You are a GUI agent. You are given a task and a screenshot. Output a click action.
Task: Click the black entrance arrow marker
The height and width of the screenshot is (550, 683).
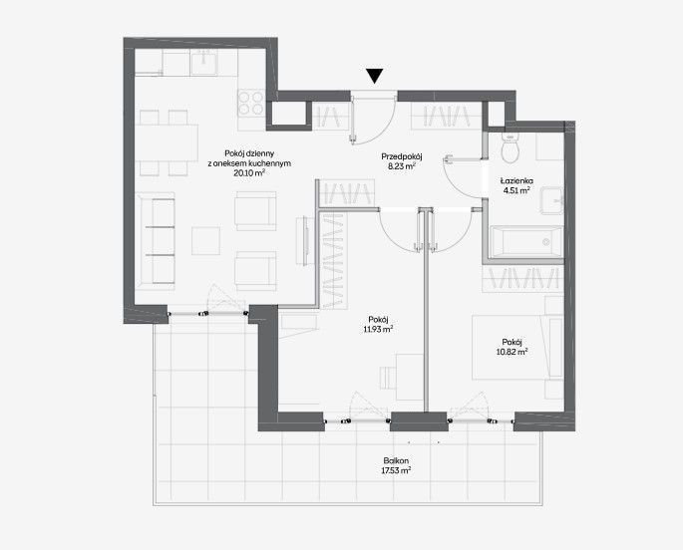(374, 76)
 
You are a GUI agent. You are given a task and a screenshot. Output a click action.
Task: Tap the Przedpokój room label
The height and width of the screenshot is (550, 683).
(402, 156)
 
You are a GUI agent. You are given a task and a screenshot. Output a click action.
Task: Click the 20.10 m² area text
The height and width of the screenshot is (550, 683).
(249, 172)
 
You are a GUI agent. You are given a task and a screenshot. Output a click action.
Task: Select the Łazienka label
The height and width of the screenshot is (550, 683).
(516, 180)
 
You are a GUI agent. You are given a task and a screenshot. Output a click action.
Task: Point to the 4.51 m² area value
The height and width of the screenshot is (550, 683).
(516, 190)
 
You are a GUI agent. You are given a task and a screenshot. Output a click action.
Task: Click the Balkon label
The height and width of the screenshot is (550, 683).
(396, 460)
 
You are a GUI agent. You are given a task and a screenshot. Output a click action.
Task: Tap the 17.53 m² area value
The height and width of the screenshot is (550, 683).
(396, 470)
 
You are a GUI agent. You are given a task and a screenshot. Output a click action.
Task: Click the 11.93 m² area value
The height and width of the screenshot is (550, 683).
(378, 329)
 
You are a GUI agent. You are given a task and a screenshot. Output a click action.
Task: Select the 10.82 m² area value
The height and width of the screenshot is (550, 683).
(512, 352)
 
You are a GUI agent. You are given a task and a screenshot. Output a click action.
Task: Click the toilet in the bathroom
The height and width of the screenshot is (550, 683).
(510, 147)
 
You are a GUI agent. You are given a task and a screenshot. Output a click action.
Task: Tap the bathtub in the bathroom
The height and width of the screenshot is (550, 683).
(526, 242)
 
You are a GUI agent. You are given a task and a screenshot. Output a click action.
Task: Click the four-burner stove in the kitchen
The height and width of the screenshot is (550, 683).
(251, 103)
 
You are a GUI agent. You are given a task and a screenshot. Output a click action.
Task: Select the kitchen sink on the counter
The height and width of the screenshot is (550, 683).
(203, 62)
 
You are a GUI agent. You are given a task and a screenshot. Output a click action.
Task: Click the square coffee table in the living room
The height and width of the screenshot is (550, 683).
(206, 241)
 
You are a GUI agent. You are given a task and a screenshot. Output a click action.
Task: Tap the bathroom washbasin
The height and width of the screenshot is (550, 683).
(552, 200)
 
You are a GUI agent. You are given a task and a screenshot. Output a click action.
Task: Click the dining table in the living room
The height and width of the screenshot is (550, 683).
(167, 142)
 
